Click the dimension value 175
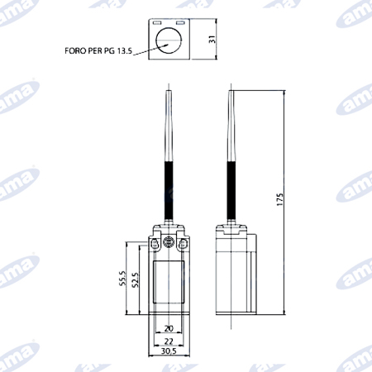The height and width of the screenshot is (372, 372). click(x=279, y=199)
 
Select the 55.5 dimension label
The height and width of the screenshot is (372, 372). click(x=122, y=278)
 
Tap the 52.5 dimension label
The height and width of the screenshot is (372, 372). click(x=136, y=280)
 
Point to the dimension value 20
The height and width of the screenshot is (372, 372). click(x=169, y=328)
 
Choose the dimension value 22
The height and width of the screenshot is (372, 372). click(x=169, y=341)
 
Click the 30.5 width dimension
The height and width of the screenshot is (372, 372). click(x=169, y=351)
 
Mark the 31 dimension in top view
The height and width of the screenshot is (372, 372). click(x=212, y=39)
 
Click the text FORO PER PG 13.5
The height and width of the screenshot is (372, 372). click(x=98, y=51)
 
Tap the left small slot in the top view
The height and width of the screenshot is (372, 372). click(x=157, y=22)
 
